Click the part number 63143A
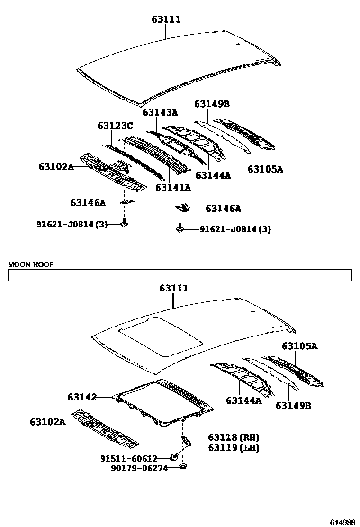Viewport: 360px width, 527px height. (160, 112)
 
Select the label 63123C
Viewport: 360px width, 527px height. (115, 126)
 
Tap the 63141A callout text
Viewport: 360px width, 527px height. (173, 187)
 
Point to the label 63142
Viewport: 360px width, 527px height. (82, 397)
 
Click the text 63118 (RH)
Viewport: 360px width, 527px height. (234, 437)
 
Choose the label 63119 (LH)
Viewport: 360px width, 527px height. (233, 447)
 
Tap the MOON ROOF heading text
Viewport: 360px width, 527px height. (31, 264)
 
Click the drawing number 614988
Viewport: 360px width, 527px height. (342, 522)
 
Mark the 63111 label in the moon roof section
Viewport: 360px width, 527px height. (173, 288)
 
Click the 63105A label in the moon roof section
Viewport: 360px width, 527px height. (300, 346)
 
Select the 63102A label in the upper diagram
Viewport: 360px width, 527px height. (56, 166)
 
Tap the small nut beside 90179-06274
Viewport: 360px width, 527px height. (182, 467)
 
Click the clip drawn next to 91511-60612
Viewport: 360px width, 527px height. (174, 457)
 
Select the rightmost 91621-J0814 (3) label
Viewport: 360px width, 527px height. (235, 229)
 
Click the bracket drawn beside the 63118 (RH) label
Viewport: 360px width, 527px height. (187, 442)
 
